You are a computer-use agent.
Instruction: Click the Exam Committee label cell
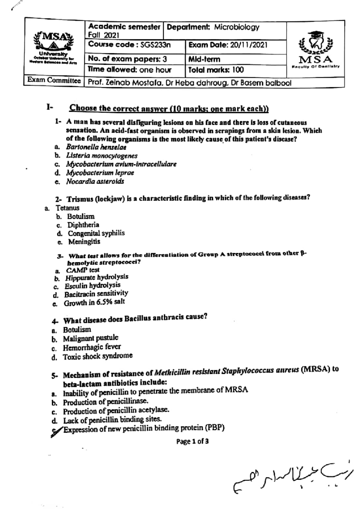click(54, 80)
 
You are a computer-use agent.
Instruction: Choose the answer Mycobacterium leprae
click(100, 173)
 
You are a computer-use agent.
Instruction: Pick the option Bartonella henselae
click(96, 147)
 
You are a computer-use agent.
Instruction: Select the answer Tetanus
click(67, 208)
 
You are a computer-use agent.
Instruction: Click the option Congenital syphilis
click(96, 233)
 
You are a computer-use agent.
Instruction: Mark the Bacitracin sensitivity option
click(96, 293)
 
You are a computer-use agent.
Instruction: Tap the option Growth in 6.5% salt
click(94, 302)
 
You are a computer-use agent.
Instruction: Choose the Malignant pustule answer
click(90, 338)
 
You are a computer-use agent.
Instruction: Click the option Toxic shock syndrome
click(97, 356)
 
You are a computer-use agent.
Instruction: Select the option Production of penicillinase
click(105, 401)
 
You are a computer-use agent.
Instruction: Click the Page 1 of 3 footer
click(192, 441)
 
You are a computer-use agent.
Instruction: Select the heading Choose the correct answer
click(169, 108)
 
